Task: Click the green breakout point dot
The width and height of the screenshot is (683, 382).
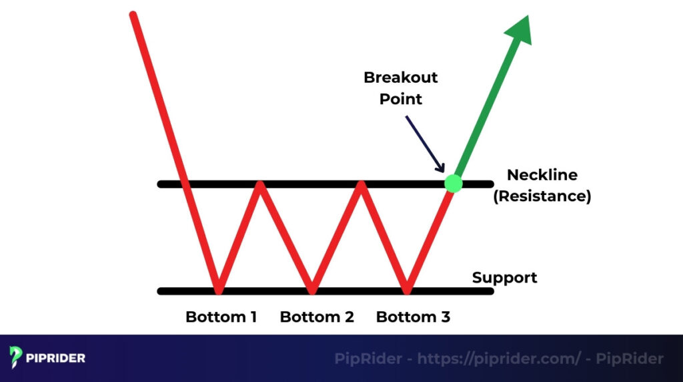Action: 453,183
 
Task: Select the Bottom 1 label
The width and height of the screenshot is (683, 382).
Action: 221,317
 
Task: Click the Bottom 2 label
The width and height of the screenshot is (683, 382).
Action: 317,317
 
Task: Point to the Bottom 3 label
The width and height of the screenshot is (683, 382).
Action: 413,317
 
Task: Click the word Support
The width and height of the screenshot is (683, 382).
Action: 504,277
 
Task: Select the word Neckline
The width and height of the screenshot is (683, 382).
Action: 542,175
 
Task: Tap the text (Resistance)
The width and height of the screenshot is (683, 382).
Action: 542,197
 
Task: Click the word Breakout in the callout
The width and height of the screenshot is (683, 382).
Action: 400,77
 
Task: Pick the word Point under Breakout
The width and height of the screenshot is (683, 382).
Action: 401,100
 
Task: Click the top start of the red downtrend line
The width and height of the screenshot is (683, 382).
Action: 134,15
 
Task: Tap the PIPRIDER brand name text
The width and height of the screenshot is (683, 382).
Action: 56,359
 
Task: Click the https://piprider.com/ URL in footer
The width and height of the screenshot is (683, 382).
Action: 499,359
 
